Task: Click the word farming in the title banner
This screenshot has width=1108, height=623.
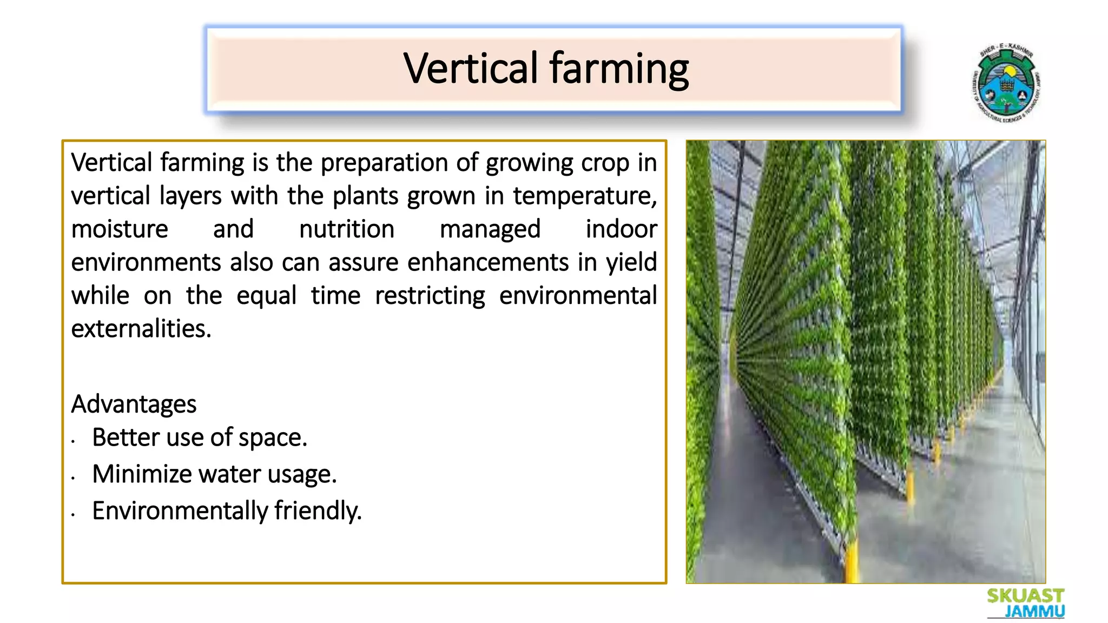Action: pos(619,69)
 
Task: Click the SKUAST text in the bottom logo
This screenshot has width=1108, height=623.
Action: pos(1025,596)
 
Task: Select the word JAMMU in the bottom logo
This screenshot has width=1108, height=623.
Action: pos(1034,612)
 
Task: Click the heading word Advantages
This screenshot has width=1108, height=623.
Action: pos(134,404)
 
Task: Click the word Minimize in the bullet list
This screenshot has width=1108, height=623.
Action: pos(142,474)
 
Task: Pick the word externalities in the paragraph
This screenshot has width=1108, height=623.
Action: pos(141,328)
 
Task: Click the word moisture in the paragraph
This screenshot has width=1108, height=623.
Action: pos(120,229)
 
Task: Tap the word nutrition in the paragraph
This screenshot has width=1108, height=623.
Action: pos(346,229)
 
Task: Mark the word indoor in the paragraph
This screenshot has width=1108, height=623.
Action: pos(621,229)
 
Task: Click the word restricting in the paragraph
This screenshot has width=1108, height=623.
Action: pos(430,296)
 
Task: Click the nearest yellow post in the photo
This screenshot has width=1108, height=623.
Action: pos(852,562)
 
